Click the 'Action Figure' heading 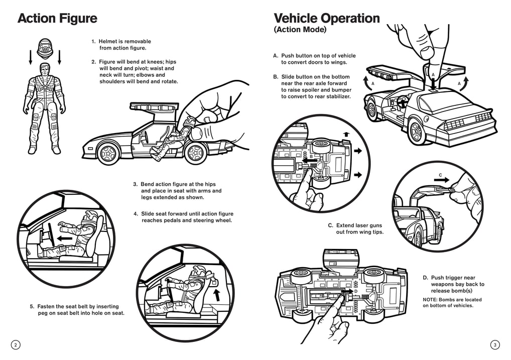coord(57,19)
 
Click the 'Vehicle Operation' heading coord(326,19)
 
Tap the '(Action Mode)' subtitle coord(300,30)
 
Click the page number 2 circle coord(16,344)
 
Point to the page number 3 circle coord(495,344)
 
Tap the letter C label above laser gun coord(440,175)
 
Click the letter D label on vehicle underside coord(355,291)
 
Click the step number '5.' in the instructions coord(33,306)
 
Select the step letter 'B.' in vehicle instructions coord(276,77)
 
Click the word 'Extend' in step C coord(346,225)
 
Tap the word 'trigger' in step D coord(456,278)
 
